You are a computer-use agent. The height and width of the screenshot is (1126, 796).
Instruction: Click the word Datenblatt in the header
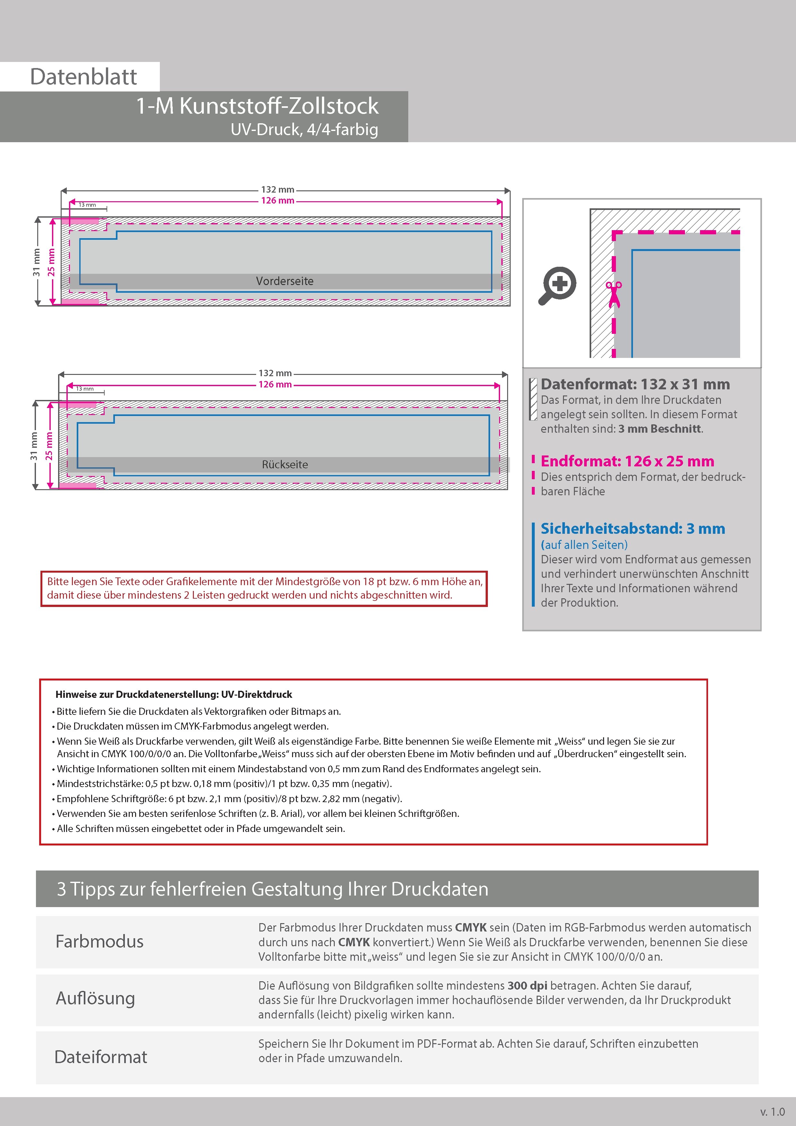tap(83, 77)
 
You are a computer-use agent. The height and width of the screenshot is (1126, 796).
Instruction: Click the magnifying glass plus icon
tap(558, 285)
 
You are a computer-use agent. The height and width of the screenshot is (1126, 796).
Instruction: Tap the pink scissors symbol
tap(614, 294)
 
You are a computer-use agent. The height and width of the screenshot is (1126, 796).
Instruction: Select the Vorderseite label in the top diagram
tap(284, 281)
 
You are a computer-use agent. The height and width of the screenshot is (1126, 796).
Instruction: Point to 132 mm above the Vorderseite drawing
tap(278, 189)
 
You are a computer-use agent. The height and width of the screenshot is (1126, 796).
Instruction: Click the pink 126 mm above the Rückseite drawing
tap(275, 385)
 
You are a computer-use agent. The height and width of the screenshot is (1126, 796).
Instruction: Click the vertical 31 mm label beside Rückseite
tap(34, 446)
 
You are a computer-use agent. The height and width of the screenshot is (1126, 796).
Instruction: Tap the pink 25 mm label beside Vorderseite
tap(51, 262)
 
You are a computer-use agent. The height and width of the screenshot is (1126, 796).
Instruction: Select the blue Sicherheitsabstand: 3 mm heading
tap(633, 529)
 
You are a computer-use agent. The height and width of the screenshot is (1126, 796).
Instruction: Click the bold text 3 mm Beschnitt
tap(660, 429)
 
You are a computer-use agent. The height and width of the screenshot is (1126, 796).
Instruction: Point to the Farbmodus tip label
tap(99, 942)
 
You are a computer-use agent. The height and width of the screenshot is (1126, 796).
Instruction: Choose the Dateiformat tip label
tap(100, 1057)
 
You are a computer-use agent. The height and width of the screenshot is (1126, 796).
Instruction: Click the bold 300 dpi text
tap(527, 986)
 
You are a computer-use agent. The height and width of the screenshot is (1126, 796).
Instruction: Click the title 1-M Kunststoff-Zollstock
tap(257, 106)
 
